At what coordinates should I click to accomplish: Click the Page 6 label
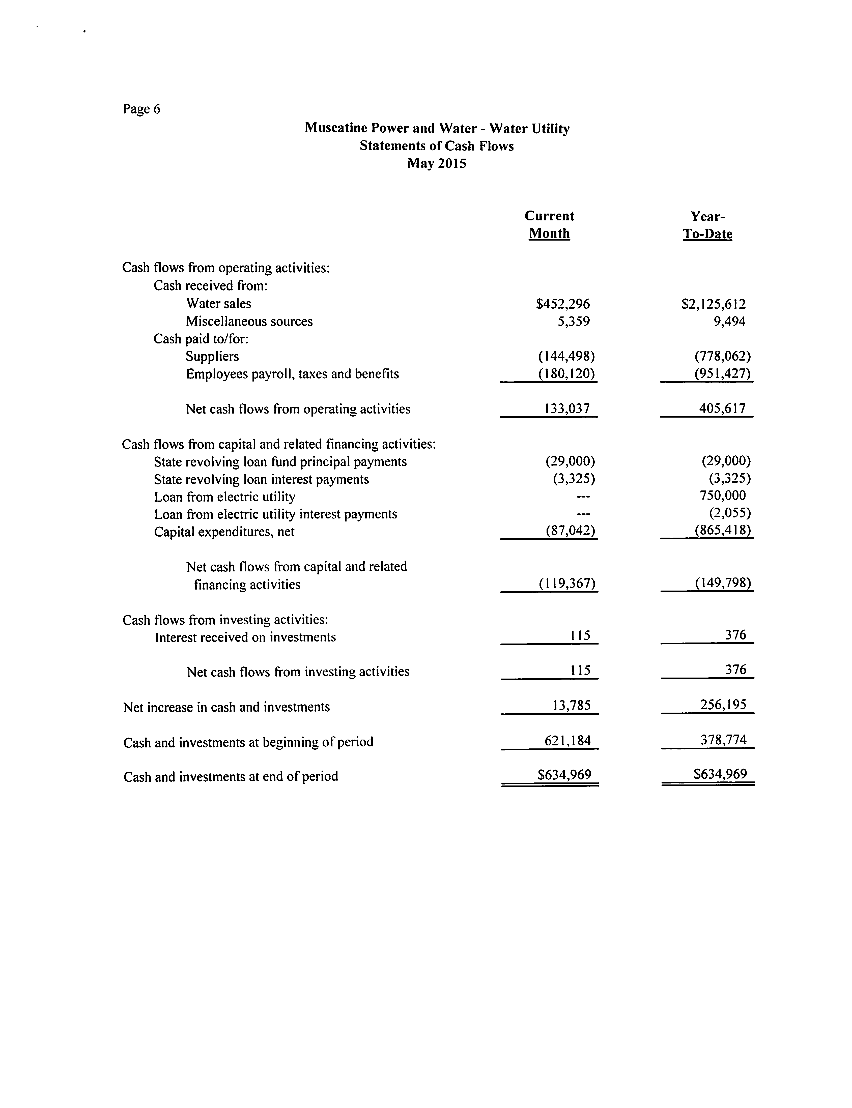click(x=141, y=109)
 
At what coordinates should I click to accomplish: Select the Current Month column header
click(x=549, y=225)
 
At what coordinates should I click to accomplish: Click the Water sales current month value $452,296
click(x=563, y=304)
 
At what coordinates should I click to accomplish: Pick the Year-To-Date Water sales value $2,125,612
click(x=714, y=304)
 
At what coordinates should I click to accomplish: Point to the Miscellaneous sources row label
click(x=249, y=322)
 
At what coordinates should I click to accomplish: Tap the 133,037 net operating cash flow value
click(x=567, y=409)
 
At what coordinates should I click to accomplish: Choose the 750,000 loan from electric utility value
click(x=723, y=495)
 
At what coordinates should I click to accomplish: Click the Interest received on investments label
click(x=245, y=637)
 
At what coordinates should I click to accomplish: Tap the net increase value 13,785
click(x=572, y=705)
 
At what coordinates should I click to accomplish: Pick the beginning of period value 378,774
click(x=724, y=740)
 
